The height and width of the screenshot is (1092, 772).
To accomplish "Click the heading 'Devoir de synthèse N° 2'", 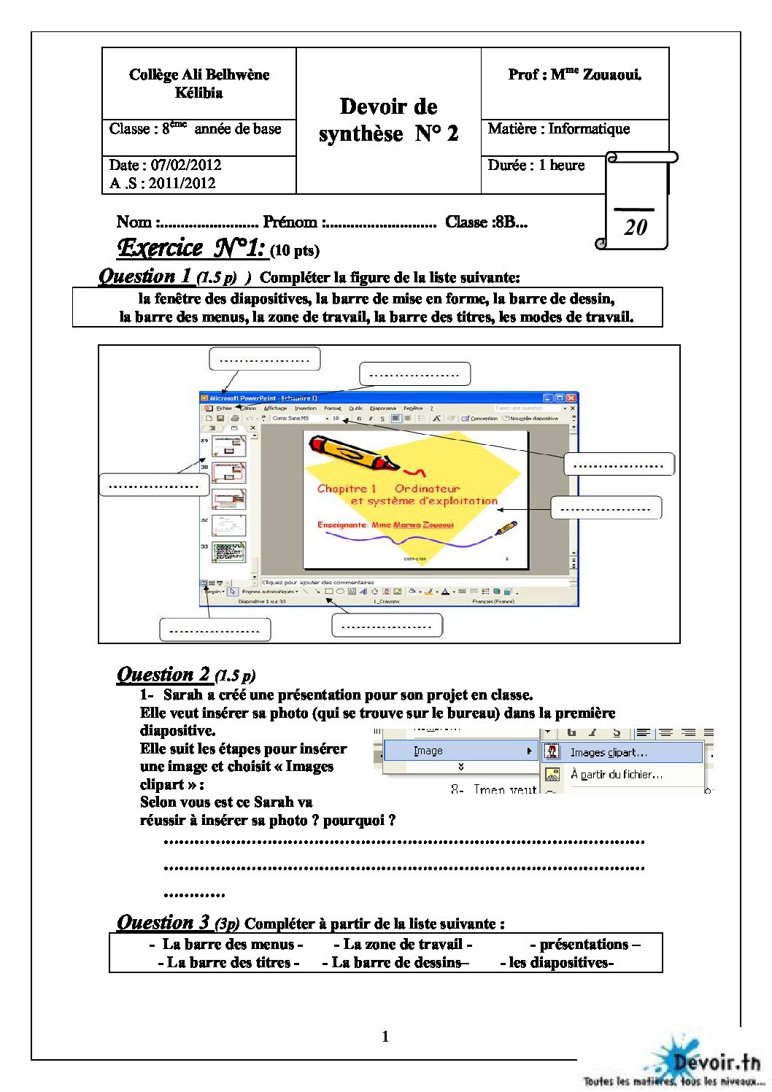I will (388, 120).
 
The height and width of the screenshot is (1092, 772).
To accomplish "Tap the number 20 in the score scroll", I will (636, 228).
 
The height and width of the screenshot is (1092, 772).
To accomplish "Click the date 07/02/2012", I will (185, 165).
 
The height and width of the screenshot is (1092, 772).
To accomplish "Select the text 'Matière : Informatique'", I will (558, 129).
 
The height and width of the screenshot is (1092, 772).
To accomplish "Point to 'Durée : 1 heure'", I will (536, 166).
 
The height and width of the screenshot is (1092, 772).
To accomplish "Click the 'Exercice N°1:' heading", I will (190, 248).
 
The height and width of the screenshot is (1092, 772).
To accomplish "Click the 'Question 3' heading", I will (163, 922).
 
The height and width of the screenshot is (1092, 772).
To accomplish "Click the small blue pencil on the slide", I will (506, 527).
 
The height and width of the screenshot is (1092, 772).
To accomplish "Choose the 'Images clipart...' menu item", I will (609, 752).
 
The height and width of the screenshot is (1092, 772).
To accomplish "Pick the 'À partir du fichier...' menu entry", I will (616, 774).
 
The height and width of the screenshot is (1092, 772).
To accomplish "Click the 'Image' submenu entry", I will (428, 751).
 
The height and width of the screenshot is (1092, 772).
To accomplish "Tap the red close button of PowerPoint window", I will (571, 398).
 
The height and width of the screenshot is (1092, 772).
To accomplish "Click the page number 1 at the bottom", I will (385, 1036).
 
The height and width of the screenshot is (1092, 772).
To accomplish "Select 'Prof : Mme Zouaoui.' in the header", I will (575, 74).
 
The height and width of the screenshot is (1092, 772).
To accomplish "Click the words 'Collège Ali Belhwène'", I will (199, 74).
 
